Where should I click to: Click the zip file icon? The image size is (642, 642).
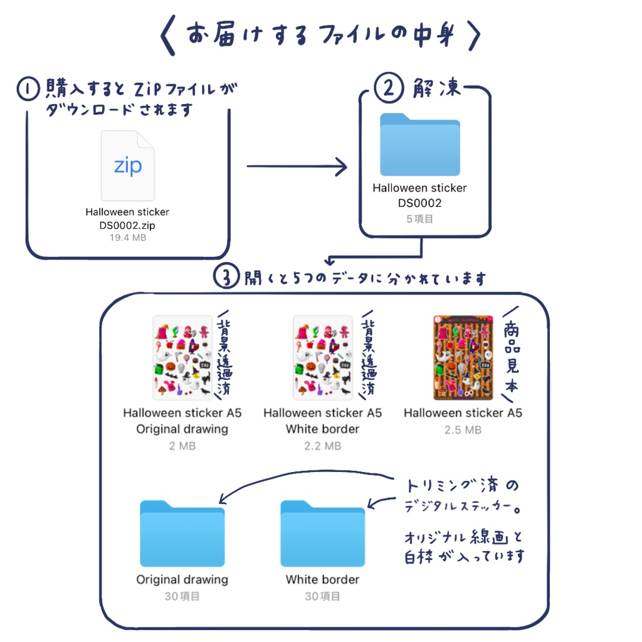click(x=127, y=166)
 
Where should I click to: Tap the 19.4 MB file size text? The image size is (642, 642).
click(x=127, y=238)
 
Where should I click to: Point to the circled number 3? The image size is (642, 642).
click(x=226, y=277)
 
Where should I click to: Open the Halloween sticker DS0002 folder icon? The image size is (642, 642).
click(x=419, y=145)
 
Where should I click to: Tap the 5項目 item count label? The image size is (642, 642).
click(x=419, y=219)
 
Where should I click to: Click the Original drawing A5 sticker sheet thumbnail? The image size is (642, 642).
click(x=182, y=357)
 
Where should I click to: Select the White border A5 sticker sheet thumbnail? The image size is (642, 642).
click(x=322, y=357)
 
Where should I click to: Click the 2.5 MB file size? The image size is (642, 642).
click(x=463, y=429)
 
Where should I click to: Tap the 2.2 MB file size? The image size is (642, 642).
click(x=322, y=446)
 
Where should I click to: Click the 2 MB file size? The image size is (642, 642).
click(x=182, y=446)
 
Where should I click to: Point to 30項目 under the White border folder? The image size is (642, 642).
click(x=322, y=596)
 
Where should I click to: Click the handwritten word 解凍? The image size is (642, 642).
click(x=436, y=88)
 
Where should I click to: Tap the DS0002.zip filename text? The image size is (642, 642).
click(x=127, y=224)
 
